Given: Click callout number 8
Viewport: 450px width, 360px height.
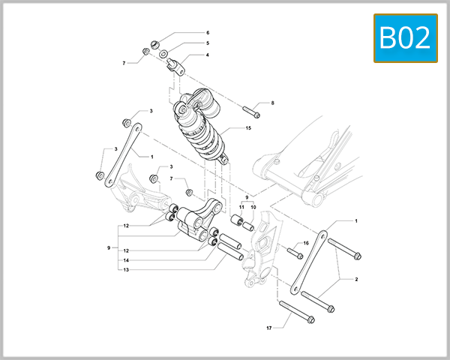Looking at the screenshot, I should tap(273, 103).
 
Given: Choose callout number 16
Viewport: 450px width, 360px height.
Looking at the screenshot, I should tap(305, 244).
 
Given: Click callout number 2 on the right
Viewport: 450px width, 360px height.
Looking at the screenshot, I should tap(356, 279).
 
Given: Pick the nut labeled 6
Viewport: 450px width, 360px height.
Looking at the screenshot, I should tap(154, 42).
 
